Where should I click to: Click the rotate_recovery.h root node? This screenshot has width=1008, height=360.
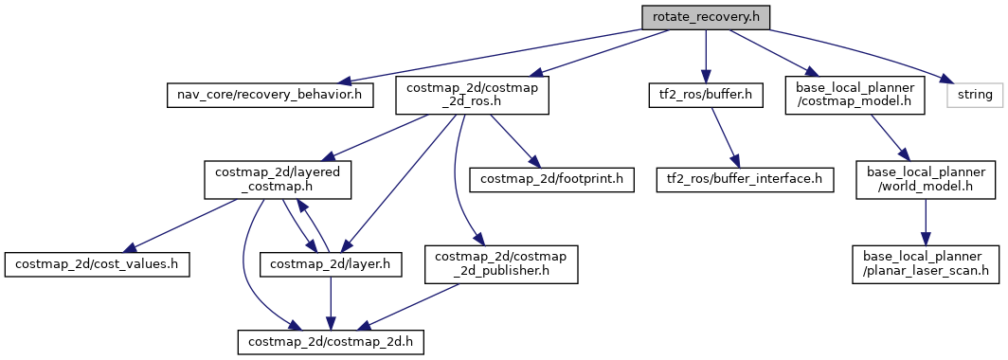704,17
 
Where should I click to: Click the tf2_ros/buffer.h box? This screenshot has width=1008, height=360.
703,95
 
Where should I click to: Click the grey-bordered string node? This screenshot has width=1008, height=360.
974,95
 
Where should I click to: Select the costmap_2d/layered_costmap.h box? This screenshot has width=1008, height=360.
278,178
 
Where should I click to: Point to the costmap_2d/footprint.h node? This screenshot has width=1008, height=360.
551,178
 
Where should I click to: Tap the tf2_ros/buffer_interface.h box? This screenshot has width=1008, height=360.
747,178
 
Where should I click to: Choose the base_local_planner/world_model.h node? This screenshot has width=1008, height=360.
925,178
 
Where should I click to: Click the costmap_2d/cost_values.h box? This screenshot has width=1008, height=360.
98,262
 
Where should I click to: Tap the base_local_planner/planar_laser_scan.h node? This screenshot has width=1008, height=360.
925,262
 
